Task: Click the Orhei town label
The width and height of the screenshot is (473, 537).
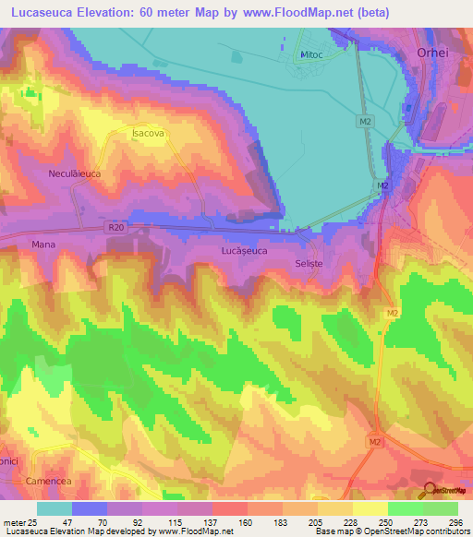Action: coord(436,54)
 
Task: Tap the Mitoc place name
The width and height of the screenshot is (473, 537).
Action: coord(310,55)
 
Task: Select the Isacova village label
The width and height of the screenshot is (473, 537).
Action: coord(148,134)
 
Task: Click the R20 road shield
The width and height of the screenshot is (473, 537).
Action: coord(115,224)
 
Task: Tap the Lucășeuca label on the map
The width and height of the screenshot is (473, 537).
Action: coord(244,250)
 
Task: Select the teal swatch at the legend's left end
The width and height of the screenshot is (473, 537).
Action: coord(54,508)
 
